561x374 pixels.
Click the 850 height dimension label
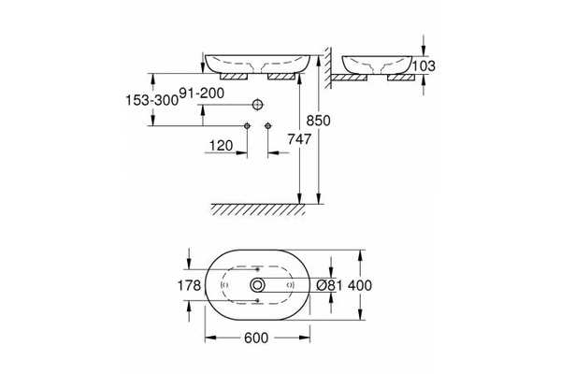click(x=318, y=121)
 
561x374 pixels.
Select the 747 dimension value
click(x=299, y=139)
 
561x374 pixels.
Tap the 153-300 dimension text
click(x=152, y=100)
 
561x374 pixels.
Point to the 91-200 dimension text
click(x=201, y=93)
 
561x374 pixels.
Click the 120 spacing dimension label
click(x=221, y=146)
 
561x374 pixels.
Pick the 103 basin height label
click(x=424, y=65)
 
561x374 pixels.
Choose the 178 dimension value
click(x=189, y=285)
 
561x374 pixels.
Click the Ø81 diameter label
click(x=330, y=285)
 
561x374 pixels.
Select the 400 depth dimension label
click(x=360, y=285)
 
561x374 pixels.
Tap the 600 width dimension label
click(x=256, y=338)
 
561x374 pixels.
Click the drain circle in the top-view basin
click(x=257, y=285)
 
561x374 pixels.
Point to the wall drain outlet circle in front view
click(x=257, y=105)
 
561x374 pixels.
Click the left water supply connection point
click(x=247, y=125)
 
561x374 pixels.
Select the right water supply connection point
click(x=268, y=125)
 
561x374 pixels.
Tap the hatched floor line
click(x=258, y=209)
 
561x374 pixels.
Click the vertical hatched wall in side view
click(x=327, y=67)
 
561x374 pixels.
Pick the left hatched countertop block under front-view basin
click(x=234, y=77)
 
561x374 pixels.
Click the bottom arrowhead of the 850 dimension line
click(x=319, y=198)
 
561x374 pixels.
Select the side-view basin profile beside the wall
click(x=377, y=65)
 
